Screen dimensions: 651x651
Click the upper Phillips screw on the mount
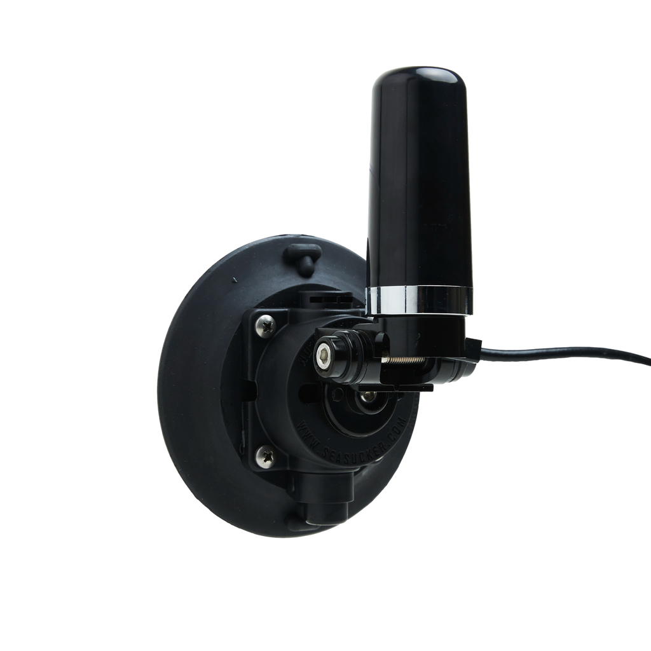(264, 327)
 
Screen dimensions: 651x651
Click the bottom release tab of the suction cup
(299, 523)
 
